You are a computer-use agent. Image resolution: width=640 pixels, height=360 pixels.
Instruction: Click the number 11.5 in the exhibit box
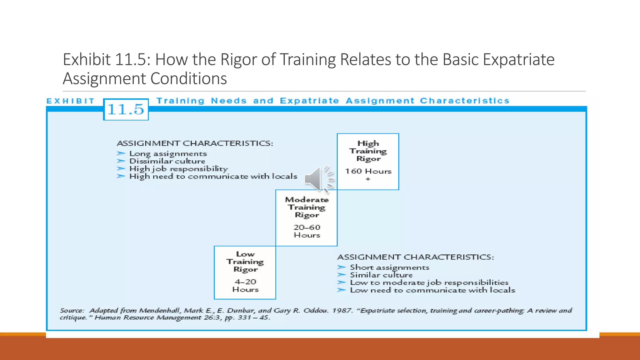pos(126,109)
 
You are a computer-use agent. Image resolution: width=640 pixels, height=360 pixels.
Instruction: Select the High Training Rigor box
pos(368,161)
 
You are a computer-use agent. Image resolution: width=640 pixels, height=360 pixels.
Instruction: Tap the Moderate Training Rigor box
pos(307,217)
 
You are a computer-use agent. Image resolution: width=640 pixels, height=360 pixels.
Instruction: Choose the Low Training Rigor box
pos(245,272)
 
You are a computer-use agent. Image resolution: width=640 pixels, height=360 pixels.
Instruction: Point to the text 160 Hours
pos(368,171)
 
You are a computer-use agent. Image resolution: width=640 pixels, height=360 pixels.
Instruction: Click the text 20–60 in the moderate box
pos(307,227)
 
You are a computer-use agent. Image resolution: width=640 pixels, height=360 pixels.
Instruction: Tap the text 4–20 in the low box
pos(245,282)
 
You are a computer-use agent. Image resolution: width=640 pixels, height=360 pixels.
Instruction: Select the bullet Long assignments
pos(168,154)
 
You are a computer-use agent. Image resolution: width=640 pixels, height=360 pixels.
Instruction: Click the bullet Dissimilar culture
pos(167,161)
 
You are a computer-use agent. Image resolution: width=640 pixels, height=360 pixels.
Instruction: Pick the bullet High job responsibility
pos(178,169)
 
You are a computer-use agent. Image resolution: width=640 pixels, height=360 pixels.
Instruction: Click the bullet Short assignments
pos(389,267)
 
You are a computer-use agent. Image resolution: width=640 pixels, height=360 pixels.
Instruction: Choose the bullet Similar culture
pos(381,275)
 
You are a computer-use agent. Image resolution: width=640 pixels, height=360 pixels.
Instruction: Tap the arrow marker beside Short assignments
pos(341,267)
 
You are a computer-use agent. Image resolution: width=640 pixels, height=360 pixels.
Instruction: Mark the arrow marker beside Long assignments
pos(121,153)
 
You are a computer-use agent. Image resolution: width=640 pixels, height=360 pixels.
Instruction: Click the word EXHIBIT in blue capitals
pos(70,101)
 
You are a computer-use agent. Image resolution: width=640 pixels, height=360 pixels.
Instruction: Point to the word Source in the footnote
pos(72,311)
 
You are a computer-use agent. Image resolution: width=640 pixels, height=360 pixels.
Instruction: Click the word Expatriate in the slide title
pos(518,59)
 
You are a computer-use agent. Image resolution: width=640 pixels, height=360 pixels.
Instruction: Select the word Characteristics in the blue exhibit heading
pos(464,101)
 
